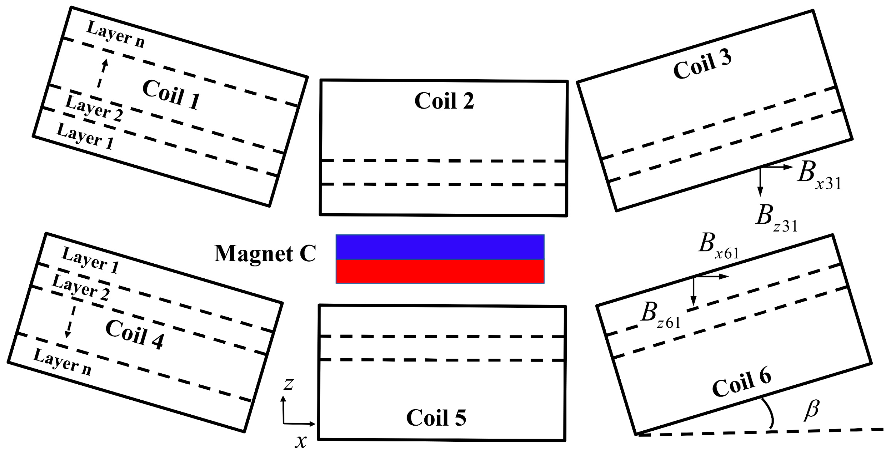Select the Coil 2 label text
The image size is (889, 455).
tap(444, 101)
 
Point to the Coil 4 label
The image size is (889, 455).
tap(134, 334)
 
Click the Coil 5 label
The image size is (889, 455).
tap(436, 418)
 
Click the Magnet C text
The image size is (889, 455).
tap(265, 254)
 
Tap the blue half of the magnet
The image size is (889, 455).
tap(440, 247)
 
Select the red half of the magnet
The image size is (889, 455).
tap(440, 271)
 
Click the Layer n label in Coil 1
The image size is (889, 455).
tap(115, 34)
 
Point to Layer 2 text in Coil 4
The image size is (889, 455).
tap(81, 288)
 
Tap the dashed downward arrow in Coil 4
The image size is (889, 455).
tap(70, 321)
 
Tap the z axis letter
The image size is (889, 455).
tap(288, 384)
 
